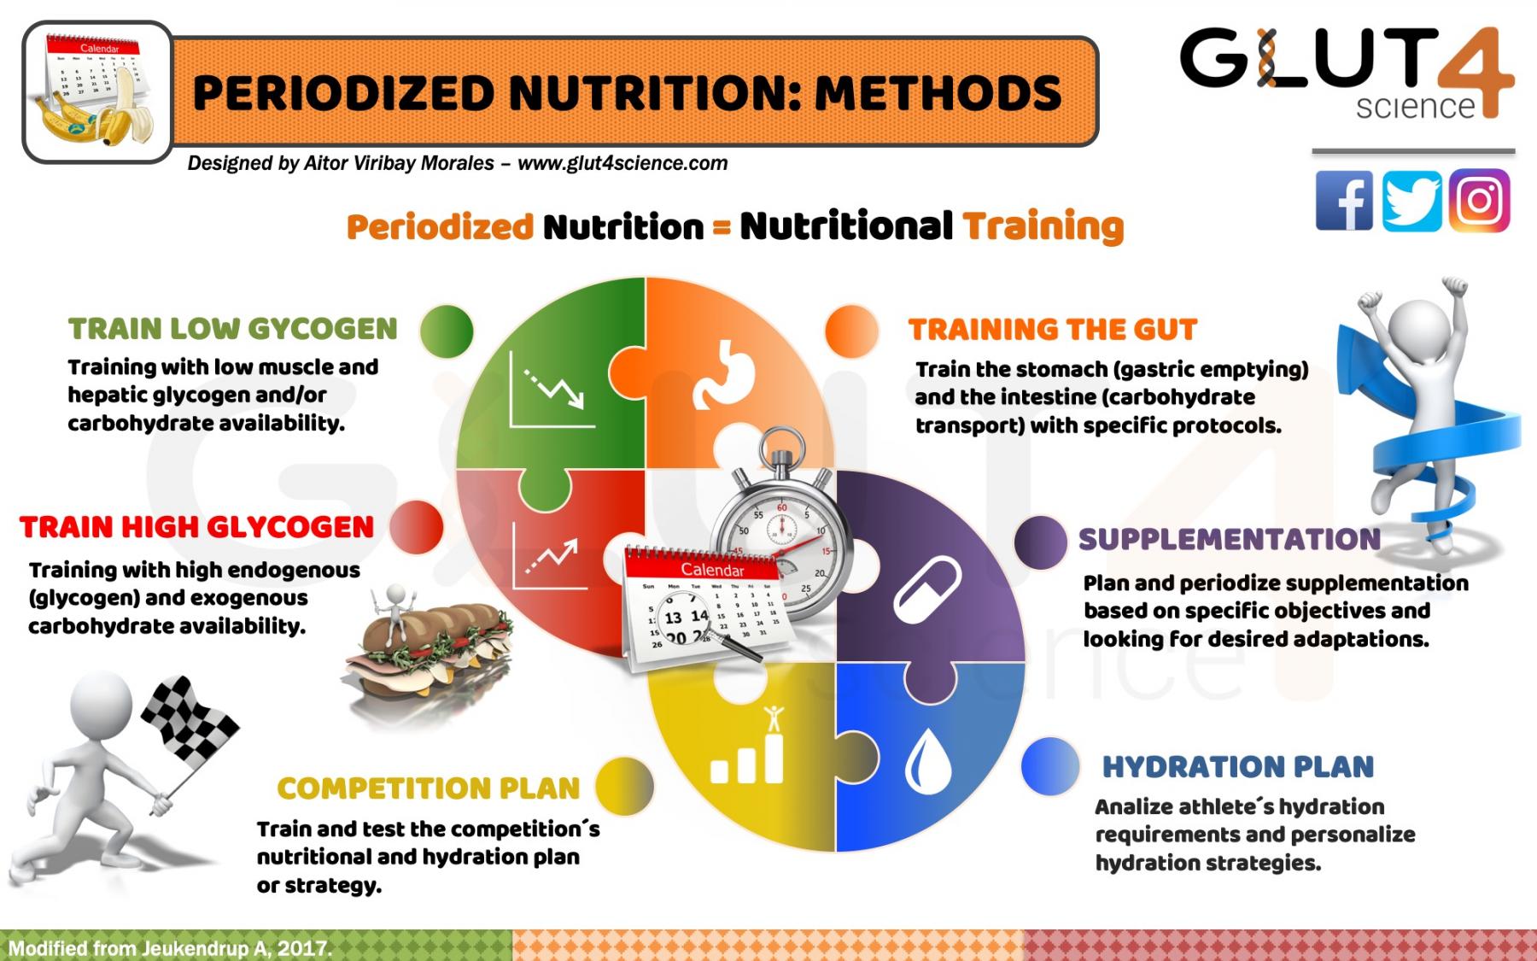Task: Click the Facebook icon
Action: [1344, 202]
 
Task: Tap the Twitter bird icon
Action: [1411, 202]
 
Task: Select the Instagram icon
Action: [1480, 202]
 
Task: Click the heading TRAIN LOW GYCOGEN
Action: [233, 329]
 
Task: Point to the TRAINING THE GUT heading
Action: [1052, 330]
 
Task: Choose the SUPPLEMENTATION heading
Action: [1229, 539]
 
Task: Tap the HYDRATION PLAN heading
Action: [1238, 766]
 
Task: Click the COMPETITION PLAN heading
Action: [429, 788]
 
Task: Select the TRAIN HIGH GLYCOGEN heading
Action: [197, 527]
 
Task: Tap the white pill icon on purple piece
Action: [927, 589]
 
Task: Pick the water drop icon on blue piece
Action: [928, 762]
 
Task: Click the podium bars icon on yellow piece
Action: [749, 752]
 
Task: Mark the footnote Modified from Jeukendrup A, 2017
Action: [169, 948]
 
